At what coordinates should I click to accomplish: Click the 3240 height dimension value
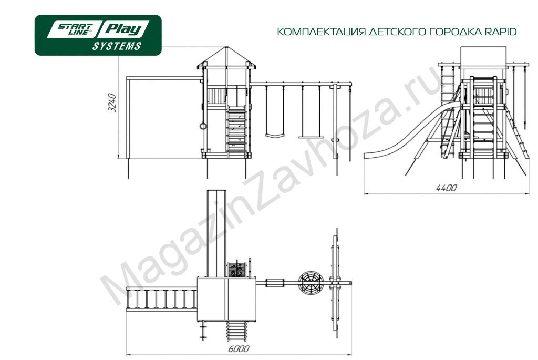point(112,102)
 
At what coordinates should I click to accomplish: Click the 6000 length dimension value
point(239,349)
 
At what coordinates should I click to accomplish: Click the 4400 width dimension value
point(447,188)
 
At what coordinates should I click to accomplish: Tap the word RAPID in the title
point(501,32)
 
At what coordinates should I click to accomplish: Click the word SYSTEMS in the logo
point(117,46)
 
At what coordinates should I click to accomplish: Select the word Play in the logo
point(123,29)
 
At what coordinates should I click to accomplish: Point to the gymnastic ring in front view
point(203,126)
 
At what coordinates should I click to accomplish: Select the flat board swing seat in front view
point(311,137)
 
